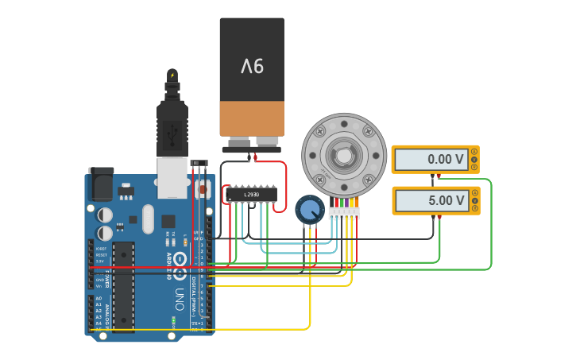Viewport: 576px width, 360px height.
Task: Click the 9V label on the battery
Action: point(251,66)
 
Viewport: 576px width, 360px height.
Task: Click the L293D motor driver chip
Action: point(252,194)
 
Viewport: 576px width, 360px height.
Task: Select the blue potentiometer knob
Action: point(310,211)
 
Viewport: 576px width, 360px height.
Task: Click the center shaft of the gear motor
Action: point(344,154)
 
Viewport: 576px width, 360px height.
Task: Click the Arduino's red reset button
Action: point(201,191)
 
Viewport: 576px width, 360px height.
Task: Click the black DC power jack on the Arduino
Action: point(100,186)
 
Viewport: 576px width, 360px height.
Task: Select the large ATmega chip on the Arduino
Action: point(123,286)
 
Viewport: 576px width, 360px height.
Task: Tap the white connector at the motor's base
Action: point(344,214)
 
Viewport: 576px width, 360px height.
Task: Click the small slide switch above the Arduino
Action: point(199,164)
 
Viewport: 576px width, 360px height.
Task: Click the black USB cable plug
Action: point(172,127)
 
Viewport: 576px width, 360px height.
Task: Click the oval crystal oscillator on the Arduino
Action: point(148,219)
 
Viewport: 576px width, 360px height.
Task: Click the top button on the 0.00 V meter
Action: point(474,152)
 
